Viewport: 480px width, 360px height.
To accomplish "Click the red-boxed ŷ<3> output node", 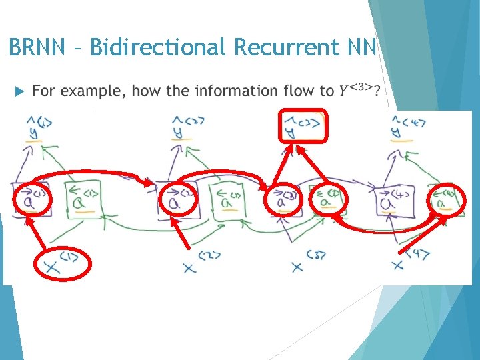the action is pyautogui.click(x=303, y=126).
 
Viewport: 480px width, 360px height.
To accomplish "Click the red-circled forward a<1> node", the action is pyautogui.click(x=31, y=199).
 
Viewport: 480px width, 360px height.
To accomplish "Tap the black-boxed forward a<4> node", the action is pyautogui.click(x=393, y=200).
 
